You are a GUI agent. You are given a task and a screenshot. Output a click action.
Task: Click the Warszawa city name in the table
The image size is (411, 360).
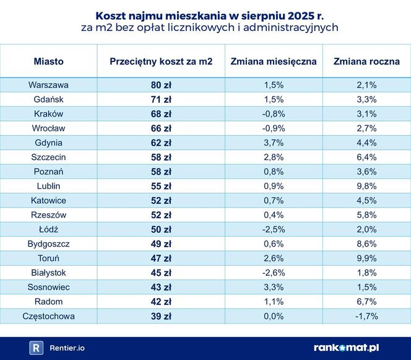[x=48, y=85]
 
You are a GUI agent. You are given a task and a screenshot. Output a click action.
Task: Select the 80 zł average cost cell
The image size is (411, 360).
[x=161, y=85]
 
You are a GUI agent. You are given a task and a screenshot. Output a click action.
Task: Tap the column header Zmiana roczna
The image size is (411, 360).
[x=366, y=61]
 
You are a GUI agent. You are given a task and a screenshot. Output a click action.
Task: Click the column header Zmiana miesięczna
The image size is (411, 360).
[x=274, y=61]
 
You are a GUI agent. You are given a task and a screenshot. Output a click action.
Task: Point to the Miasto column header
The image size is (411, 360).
[x=48, y=61]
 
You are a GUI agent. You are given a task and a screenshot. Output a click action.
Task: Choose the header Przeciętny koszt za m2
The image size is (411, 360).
[x=161, y=61]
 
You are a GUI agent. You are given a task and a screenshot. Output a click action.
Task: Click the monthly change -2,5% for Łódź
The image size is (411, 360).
[x=274, y=229]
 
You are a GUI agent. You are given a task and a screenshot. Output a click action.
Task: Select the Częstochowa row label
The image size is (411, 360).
[x=48, y=316]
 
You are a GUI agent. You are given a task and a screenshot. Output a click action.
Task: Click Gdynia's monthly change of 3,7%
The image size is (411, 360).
[x=274, y=143]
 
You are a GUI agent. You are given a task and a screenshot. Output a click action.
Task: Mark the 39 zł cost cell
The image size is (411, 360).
[x=161, y=316]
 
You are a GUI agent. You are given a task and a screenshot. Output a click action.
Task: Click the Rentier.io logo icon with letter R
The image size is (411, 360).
[x=36, y=348]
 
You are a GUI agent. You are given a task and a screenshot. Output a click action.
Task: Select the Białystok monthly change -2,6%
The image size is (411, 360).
[x=274, y=273]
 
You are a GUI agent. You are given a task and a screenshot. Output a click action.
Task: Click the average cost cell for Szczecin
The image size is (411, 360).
[x=161, y=157]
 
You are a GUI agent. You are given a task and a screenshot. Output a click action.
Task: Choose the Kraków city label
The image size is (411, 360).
[x=48, y=114]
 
